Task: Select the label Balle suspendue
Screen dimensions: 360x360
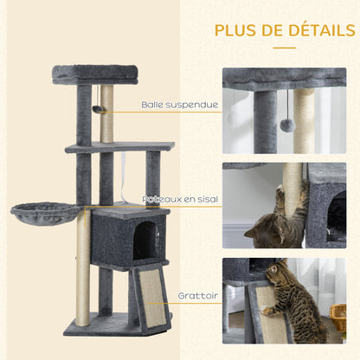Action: (179, 105)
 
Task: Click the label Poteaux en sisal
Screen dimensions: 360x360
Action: (181, 199)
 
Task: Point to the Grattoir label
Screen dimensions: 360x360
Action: (198, 295)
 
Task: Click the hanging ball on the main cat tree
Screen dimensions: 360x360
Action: (98, 109)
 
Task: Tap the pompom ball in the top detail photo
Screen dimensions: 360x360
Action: (286, 126)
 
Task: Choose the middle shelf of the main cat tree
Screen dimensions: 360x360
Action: (119, 148)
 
